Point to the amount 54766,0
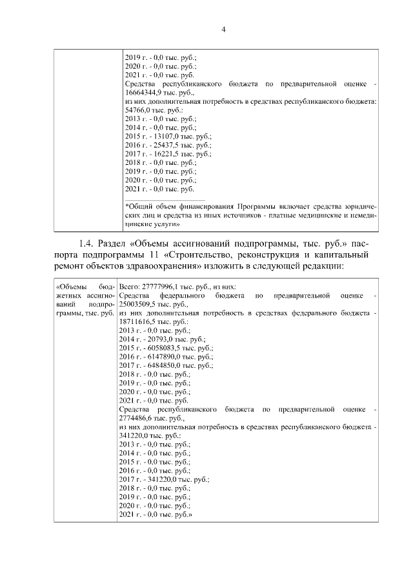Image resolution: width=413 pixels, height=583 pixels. coord(141,111)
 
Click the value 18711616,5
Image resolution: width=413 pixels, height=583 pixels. coord(141,321)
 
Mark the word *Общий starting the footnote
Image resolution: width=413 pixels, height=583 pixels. coord(138,207)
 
